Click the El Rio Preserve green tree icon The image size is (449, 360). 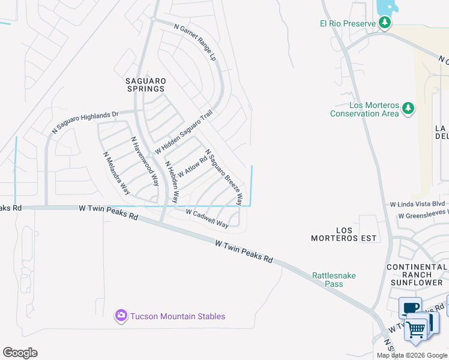(385, 23)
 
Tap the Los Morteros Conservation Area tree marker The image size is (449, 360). (408, 108)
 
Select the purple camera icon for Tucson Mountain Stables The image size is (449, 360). (121, 316)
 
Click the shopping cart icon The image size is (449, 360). (415, 328)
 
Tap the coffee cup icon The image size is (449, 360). (411, 308)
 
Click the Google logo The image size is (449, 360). (20, 353)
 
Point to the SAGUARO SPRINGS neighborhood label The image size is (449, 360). (145, 85)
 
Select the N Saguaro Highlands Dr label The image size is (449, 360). (85, 121)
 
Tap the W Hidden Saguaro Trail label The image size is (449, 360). (184, 131)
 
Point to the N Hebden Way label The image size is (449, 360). (172, 181)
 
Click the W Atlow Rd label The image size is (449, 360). (192, 165)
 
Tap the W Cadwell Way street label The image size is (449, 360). (207, 218)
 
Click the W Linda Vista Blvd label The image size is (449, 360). (417, 205)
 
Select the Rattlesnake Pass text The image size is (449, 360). (334, 280)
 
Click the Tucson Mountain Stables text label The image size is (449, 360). (178, 316)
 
